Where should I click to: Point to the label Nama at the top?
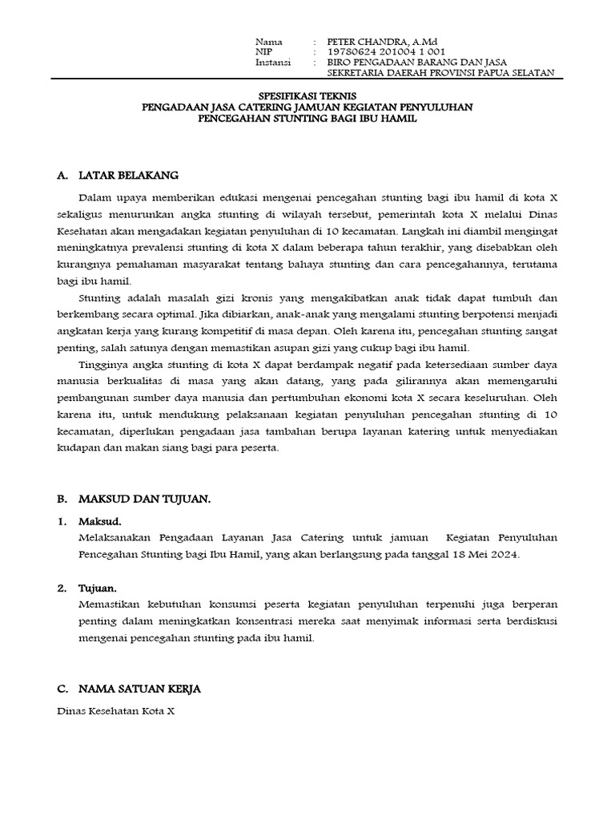268,42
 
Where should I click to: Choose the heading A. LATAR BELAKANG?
118,175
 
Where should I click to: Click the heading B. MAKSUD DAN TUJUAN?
134,499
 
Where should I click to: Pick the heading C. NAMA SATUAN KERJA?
129,689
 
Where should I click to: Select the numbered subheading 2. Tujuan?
89,588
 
